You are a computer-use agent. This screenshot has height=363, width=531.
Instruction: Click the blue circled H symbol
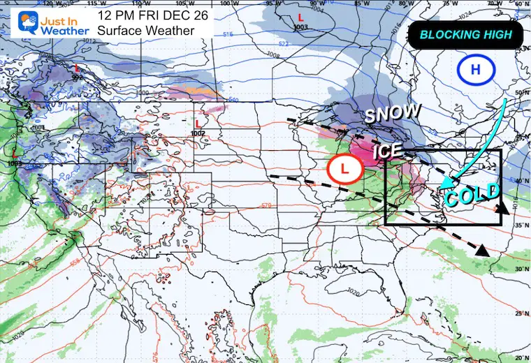click(474, 71)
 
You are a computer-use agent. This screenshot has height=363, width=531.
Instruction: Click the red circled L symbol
click(344, 168)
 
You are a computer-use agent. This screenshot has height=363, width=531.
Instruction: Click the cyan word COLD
click(473, 194)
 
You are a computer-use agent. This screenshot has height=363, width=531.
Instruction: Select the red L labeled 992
click(77, 68)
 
